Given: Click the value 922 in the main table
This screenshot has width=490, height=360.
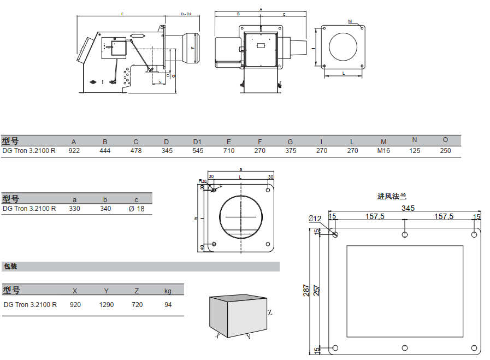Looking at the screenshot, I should click(74, 151).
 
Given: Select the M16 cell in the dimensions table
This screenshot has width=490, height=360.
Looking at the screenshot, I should click(383, 151).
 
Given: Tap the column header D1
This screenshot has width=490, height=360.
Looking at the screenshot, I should click(197, 142).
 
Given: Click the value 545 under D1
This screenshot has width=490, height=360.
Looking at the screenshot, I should click(198, 151).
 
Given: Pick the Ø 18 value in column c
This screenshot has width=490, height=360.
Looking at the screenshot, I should click(136, 209).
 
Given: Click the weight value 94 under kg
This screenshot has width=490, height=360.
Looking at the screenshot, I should click(168, 305).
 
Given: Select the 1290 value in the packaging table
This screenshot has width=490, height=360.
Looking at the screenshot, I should click(107, 305).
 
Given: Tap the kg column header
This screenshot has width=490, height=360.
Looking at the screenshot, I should click(168, 291).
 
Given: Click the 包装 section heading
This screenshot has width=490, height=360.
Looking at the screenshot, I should click(11, 267).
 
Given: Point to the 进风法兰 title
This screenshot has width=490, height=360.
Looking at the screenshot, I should click(392, 196).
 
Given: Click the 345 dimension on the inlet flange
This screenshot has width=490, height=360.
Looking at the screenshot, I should click(408, 208).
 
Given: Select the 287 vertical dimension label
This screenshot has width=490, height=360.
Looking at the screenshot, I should click(307, 290).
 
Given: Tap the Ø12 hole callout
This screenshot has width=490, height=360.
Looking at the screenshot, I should click(315, 219).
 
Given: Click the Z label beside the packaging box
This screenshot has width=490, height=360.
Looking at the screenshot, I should click(270, 313).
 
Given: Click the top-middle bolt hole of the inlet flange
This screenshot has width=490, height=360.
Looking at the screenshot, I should click(404, 235).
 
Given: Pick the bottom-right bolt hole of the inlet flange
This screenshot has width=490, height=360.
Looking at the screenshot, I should click(474, 348).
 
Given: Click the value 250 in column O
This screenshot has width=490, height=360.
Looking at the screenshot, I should click(445, 151).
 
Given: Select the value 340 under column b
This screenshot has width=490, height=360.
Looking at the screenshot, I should click(105, 209).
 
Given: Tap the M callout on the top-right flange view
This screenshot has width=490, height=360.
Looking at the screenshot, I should click(350, 21).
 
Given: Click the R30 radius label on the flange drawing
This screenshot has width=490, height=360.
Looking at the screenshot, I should click(202, 181).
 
